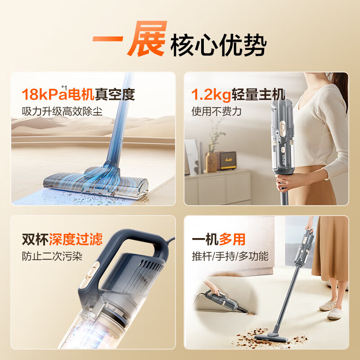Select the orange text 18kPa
44,94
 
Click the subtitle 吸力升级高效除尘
62,111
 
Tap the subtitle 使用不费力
216,111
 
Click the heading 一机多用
219,239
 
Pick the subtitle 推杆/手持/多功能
230,256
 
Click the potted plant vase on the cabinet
211,161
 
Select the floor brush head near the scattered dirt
270,334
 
